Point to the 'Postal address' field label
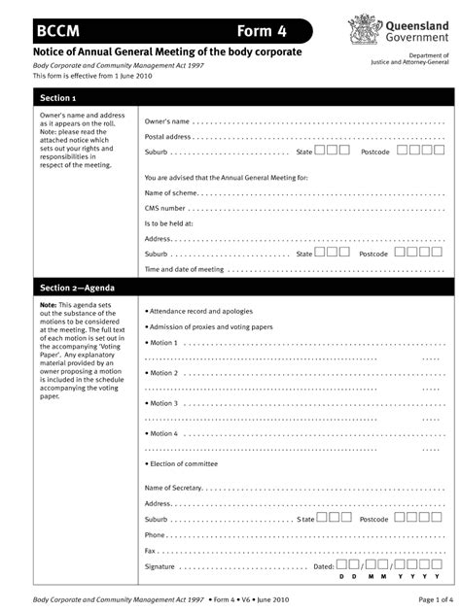(167, 137)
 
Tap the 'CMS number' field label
(164, 208)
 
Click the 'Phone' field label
(155, 534)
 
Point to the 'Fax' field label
(151, 550)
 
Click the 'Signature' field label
(160, 565)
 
